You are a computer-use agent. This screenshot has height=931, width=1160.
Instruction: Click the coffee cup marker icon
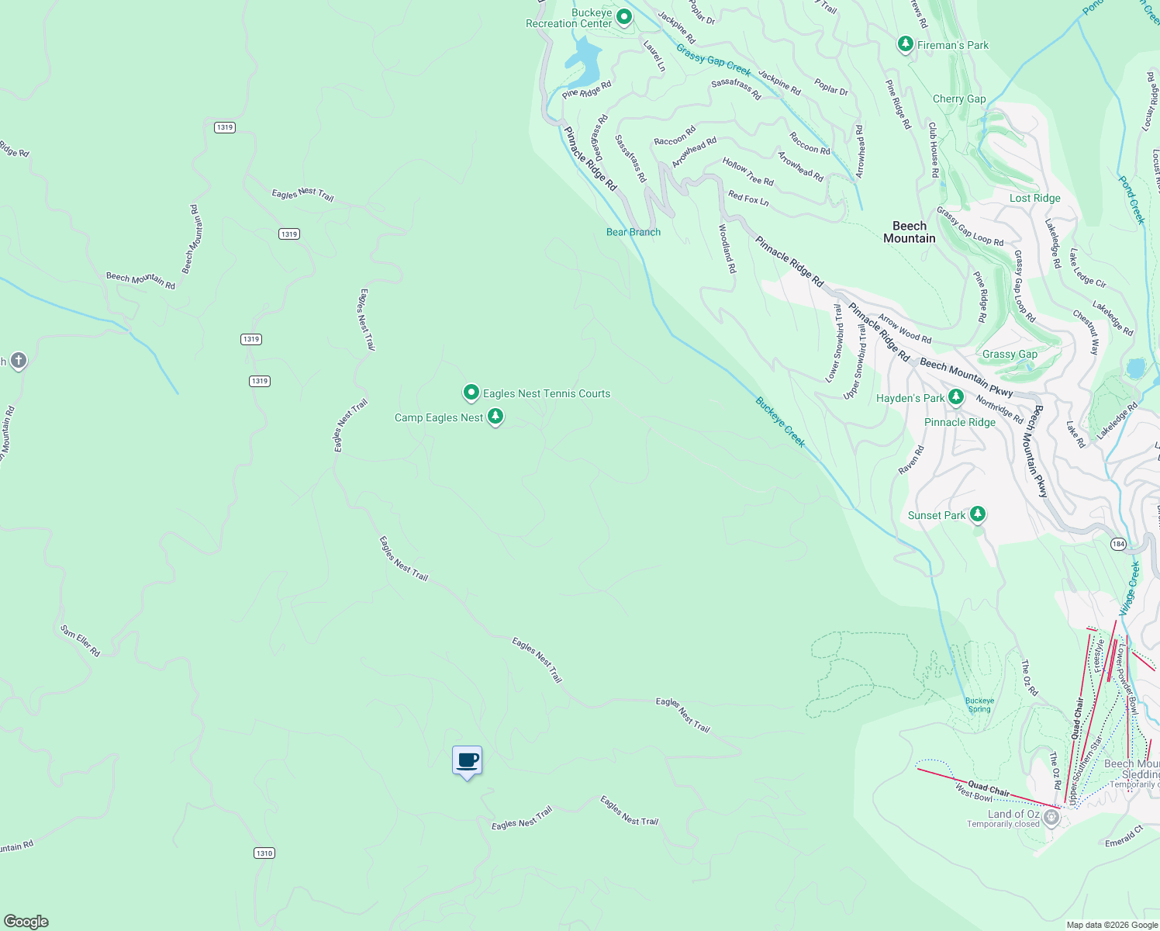467,761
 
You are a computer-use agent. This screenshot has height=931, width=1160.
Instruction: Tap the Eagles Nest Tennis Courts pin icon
471,393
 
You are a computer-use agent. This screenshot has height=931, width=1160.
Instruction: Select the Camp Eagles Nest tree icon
495,417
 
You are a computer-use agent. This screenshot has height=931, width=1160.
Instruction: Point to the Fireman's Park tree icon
905,44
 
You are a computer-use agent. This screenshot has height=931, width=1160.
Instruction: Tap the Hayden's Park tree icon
956,397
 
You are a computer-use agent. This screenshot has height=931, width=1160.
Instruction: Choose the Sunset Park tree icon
978,514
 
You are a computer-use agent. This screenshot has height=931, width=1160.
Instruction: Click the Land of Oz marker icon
1051,816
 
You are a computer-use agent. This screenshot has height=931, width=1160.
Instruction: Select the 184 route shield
1118,544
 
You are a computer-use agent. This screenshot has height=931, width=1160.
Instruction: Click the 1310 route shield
264,853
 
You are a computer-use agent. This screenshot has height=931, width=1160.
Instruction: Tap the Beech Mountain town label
910,232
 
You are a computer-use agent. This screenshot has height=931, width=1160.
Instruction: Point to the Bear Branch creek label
634,232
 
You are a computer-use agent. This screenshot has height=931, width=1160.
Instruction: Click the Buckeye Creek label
781,422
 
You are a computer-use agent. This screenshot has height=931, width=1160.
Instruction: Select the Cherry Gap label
959,99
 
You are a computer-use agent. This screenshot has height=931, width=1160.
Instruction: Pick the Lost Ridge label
1034,198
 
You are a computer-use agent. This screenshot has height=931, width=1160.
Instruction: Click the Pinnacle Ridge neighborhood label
960,422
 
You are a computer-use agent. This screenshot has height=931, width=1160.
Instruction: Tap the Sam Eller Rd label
81,641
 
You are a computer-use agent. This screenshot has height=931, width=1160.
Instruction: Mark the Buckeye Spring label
979,704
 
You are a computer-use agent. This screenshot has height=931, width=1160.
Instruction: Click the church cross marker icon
19,361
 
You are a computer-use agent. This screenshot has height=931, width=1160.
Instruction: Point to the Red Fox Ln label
748,199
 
